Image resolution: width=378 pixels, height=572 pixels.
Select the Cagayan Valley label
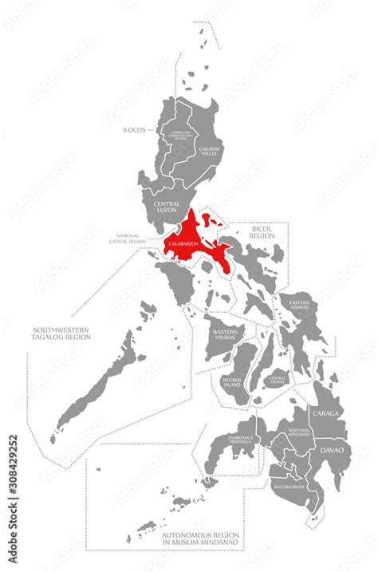208,153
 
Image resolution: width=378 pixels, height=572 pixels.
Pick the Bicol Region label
262,231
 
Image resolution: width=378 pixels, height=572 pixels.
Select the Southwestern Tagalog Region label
62,333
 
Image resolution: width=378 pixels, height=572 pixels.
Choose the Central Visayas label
277,379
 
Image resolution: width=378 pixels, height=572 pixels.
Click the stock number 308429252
12,471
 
